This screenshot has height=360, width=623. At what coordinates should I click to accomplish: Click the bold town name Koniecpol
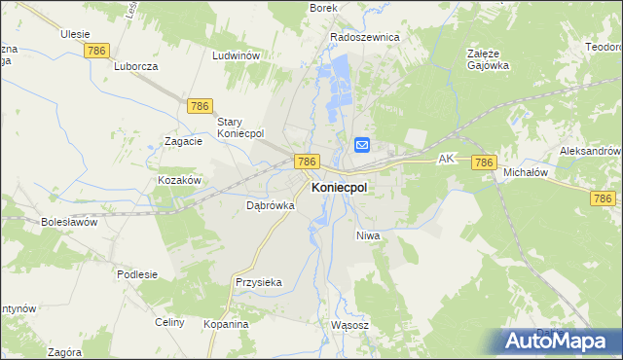(339, 188)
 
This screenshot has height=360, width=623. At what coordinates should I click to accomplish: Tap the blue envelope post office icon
(361, 145)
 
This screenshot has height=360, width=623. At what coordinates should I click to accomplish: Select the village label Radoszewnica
(365, 37)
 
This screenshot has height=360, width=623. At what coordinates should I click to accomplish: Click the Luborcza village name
(135, 67)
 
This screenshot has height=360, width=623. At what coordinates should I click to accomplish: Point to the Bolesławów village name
(69, 222)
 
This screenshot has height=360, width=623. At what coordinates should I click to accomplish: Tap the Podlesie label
(137, 274)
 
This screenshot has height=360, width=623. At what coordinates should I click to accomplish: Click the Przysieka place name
(258, 282)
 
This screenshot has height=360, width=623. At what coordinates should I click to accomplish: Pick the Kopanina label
(226, 323)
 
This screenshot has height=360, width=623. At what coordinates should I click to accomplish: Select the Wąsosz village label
(349, 325)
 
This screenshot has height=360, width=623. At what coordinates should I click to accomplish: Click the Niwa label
(367, 235)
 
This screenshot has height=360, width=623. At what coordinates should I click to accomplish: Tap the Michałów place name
(526, 172)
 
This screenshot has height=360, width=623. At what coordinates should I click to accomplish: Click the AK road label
(447, 158)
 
